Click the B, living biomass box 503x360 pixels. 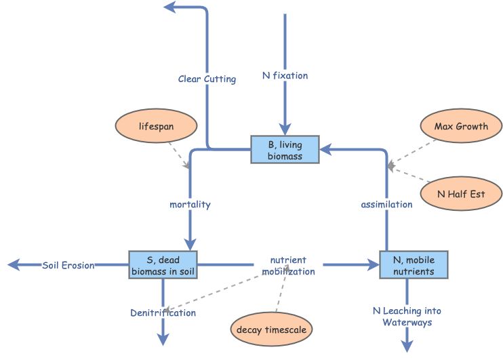tap(285, 149)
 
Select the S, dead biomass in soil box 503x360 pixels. tap(163, 264)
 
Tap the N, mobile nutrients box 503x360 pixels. tap(414, 264)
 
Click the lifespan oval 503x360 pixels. tap(157, 126)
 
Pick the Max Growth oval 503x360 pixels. tap(461, 126)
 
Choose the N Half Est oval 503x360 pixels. tap(461, 194)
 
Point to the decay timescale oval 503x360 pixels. tap(271, 330)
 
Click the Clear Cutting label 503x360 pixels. tap(207, 79)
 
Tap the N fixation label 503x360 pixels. tap(285, 75)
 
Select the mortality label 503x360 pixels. tap(190, 204)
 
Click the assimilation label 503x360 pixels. tap(386, 204)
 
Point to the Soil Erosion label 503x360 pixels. tap(68, 265)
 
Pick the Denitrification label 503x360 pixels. tap(163, 313)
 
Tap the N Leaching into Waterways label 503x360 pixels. tap(407, 317)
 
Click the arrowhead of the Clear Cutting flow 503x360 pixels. tap(169, 7)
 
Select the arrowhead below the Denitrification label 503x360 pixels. tap(163, 340)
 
